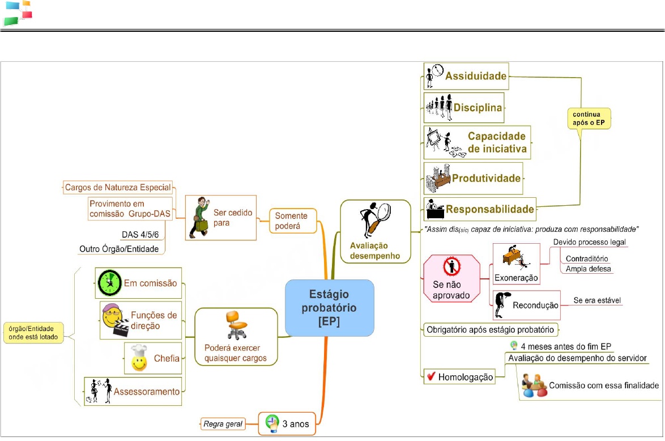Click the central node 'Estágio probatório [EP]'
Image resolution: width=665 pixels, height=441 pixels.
pos(329,307)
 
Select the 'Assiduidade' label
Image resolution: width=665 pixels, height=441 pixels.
pos(476,75)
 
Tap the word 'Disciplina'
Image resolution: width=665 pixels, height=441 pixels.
pos(478,107)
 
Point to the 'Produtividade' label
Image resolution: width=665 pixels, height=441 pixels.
pos(486,178)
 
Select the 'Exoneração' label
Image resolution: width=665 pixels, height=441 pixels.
pos(516,278)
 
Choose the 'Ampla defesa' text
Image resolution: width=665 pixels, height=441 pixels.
pos(589,269)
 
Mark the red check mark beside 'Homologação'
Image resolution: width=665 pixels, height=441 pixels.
pos(431,376)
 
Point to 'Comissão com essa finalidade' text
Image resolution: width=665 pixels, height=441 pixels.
pos(604,385)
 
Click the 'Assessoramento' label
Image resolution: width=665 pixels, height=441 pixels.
pos(146,391)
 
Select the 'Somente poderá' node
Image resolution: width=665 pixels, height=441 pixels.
pos(291,220)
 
